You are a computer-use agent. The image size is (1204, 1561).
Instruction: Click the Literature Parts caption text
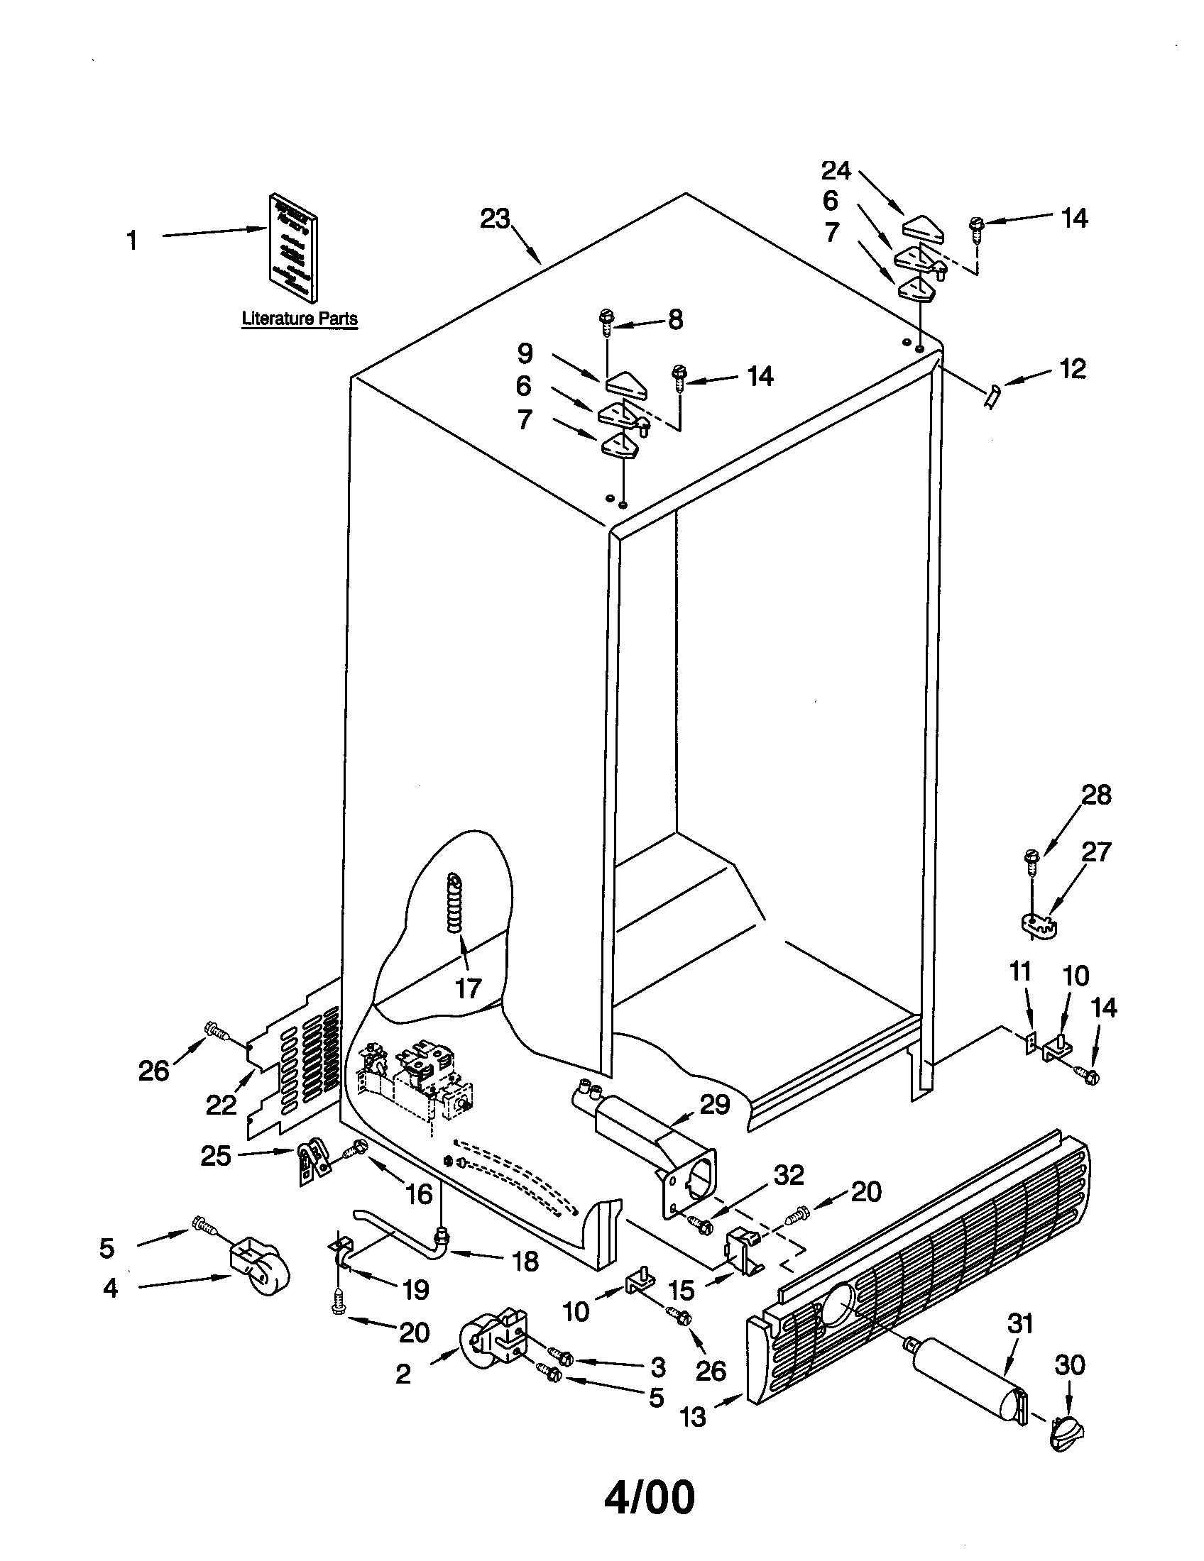pyautogui.click(x=300, y=319)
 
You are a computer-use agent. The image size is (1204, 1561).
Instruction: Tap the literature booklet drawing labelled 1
pyautogui.click(x=293, y=246)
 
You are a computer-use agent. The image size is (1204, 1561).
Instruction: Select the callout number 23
pyautogui.click(x=494, y=219)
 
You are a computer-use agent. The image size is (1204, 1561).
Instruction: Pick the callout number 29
pyautogui.click(x=714, y=1104)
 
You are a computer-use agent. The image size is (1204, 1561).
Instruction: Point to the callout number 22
pyautogui.click(x=221, y=1105)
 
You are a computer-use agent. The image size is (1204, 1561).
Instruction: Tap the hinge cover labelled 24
pyautogui.click(x=924, y=227)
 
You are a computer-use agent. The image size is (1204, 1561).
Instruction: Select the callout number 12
pyautogui.click(x=1072, y=370)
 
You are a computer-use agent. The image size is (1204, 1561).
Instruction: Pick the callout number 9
pyautogui.click(x=525, y=353)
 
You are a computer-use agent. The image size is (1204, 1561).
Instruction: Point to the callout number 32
pyautogui.click(x=789, y=1176)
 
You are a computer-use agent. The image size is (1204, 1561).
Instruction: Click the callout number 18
pyautogui.click(x=525, y=1262)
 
